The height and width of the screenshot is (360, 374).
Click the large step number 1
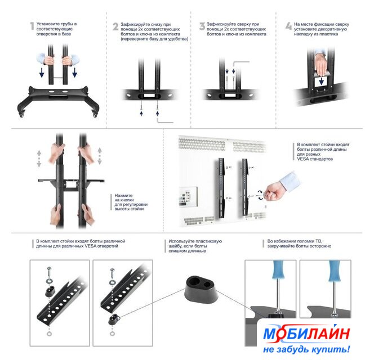pos(32,26)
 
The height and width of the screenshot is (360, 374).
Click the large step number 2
pos(115,26)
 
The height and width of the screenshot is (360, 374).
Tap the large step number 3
pos(202,26)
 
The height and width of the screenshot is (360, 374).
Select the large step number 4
pos(288,26)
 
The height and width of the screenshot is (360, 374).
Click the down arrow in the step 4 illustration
pos(321,81)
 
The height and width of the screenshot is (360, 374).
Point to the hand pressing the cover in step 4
pos(320,62)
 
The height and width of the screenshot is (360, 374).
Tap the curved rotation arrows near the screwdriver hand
pos(260,195)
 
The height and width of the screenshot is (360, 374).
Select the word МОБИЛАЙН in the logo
pos(307,334)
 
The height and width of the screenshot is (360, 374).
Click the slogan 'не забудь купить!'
pos(307,349)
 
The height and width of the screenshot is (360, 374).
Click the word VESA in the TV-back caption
pos(303,159)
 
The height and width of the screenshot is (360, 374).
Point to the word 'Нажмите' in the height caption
pos(123,195)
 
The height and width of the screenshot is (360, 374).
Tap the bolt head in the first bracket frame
pos(49,269)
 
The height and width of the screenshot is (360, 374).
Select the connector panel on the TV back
pos(189,196)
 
